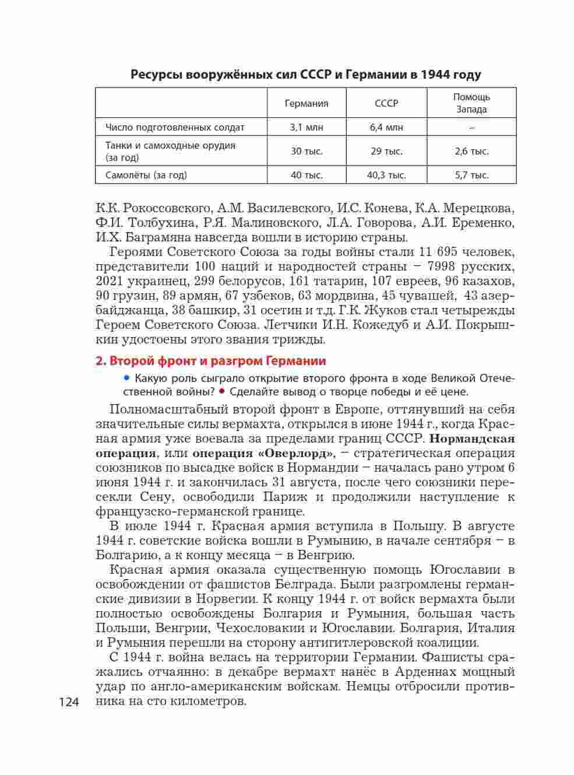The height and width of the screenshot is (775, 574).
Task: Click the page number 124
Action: [69, 702]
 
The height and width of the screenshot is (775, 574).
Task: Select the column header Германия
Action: [307, 103]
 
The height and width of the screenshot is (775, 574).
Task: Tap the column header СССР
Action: [386, 103]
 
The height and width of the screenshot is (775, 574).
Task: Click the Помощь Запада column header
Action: [471, 103]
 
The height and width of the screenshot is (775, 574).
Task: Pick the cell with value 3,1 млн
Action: [307, 127]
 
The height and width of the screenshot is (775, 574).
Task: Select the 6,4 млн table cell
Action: [386, 127]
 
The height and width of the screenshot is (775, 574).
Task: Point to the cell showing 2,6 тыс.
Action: [471, 151]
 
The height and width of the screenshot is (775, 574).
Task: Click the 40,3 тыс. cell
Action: [386, 175]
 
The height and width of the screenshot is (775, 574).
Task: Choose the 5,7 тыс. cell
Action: [471, 175]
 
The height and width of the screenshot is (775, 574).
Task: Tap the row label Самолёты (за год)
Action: [146, 175]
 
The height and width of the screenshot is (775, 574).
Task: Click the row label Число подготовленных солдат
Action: [175, 127]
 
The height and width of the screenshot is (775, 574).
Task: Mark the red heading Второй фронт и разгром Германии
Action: [210, 361]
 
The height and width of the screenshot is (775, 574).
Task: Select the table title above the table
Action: [306, 75]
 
